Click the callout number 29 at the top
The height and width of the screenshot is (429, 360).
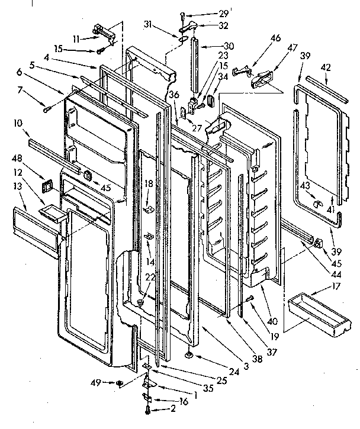(206, 13)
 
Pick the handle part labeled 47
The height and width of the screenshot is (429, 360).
(262, 79)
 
